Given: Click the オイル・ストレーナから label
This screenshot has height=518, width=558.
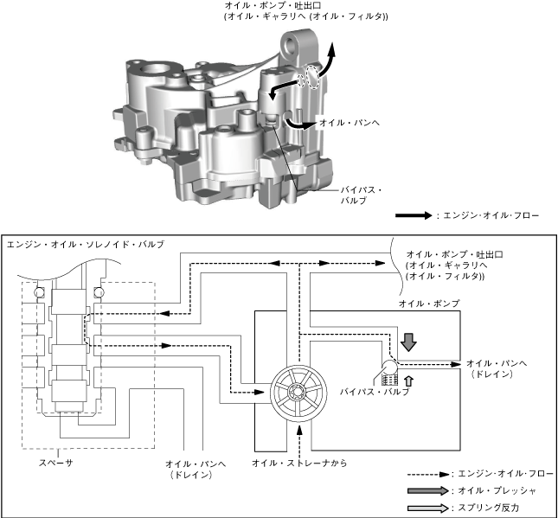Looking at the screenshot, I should (x=298, y=464).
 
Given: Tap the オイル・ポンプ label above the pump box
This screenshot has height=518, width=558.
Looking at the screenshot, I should (x=428, y=304).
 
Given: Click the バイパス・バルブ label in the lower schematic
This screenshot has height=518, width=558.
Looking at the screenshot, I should (x=375, y=391).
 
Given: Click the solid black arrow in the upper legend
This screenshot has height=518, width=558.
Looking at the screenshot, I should (x=414, y=215).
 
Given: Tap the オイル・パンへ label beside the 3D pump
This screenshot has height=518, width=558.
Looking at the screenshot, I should (x=350, y=122).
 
